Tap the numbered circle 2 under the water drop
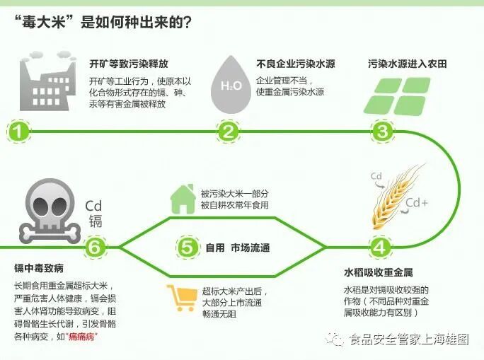(x=228, y=132)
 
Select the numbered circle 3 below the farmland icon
(x=383, y=132)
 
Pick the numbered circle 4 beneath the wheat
(x=380, y=248)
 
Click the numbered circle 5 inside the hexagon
(x=186, y=248)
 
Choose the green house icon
(x=183, y=198)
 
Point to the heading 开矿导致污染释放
(x=129, y=64)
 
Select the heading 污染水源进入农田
(x=407, y=64)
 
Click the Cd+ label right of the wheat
(x=417, y=204)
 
